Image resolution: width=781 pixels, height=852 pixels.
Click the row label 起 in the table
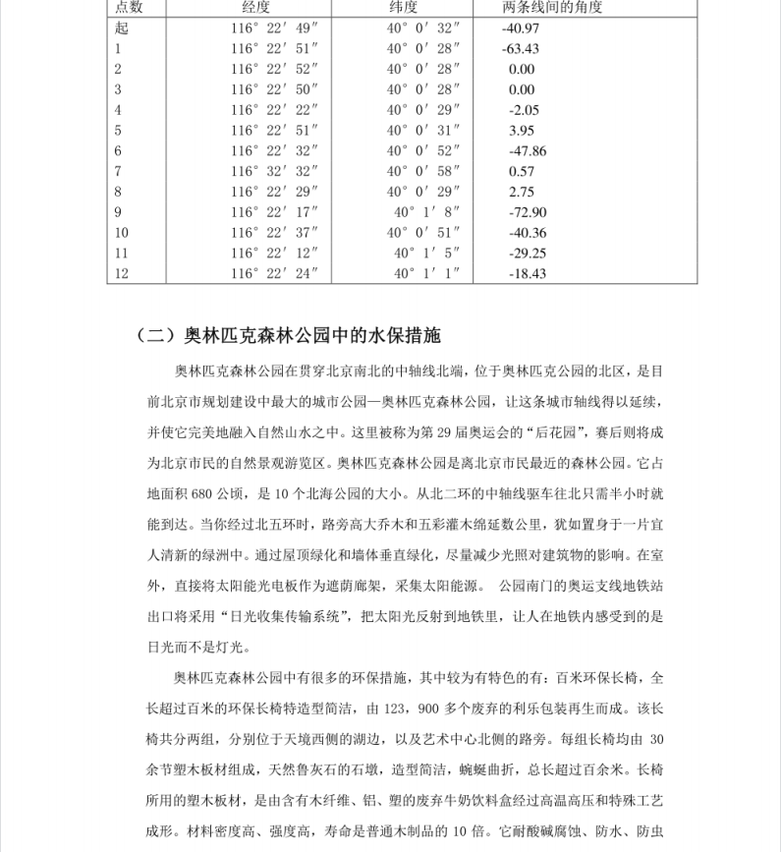121,28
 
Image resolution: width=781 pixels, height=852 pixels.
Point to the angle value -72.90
528,212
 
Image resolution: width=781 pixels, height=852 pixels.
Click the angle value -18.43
528,273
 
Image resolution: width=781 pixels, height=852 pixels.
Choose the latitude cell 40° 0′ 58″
423,171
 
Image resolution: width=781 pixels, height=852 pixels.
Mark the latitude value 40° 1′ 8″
427,212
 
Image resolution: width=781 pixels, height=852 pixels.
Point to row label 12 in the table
122,273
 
